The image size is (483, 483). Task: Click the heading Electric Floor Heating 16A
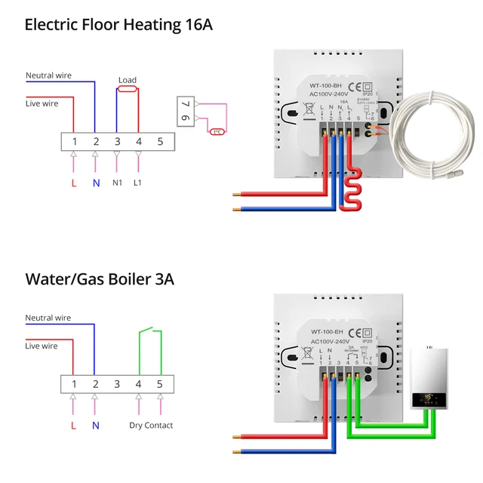pos(118,24)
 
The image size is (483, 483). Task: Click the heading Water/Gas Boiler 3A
pos(100,279)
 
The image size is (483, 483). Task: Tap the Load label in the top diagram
pos(128,80)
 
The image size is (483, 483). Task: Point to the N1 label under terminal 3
pos(117,182)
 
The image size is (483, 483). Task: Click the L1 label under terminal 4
pos(138,182)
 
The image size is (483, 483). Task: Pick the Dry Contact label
pos(151,426)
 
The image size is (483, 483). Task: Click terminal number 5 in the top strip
pos(160,141)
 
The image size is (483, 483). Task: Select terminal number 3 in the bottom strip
pos(117,384)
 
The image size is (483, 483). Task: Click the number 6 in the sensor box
pos(185,119)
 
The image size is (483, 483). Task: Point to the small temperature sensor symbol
pos(217,131)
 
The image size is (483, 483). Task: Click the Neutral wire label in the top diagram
pos(48,75)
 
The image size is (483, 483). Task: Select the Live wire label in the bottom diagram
pos(42,346)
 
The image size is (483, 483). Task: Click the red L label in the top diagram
pos(74,182)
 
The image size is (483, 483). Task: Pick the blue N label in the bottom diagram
pos(95,426)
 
